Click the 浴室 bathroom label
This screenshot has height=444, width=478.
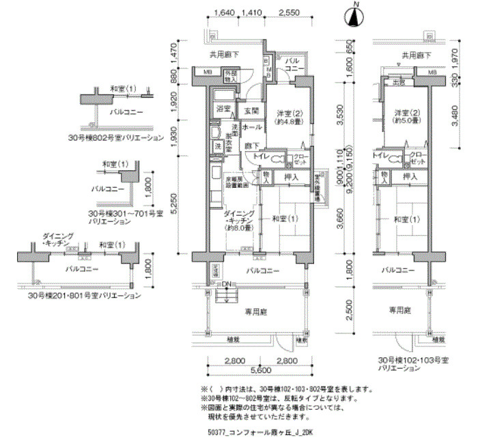click(223, 109)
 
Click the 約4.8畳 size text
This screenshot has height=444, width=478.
click(290, 122)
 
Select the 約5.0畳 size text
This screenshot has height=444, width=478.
click(405, 122)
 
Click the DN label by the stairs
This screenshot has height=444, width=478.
click(226, 284)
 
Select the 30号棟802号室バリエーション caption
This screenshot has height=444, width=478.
click(126, 137)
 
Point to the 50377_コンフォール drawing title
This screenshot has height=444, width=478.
click(259, 432)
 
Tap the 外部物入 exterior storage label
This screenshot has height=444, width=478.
click(231, 76)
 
